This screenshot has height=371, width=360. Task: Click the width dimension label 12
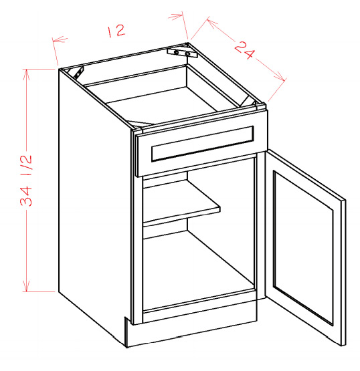point(116,31)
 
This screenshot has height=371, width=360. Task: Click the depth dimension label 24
point(245,50)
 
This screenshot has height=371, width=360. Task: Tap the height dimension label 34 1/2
point(25,180)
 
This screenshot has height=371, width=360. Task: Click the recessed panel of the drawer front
point(203,144)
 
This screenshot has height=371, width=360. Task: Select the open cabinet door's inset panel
point(303,247)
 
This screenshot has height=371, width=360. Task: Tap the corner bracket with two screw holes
point(182,53)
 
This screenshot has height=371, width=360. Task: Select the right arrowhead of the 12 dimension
point(177,17)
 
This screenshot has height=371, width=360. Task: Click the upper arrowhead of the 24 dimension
point(211,23)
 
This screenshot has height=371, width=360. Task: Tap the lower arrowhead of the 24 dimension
point(280,78)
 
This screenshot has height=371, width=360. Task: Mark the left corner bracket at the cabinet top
point(78,72)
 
